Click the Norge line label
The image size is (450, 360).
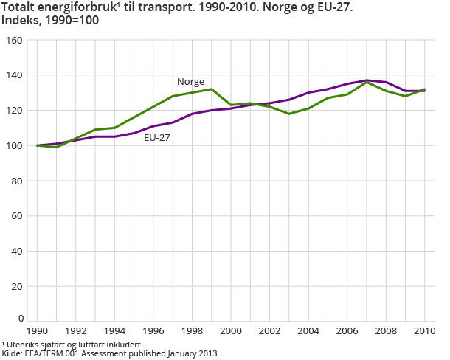(190, 82)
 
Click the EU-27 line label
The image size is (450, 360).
(156, 137)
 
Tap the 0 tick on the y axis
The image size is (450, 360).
(20, 319)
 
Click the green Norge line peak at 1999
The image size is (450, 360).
(212, 89)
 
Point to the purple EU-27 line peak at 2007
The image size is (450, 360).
(367, 80)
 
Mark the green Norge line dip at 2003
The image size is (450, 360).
(289, 114)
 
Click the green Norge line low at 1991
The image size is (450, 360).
(56, 148)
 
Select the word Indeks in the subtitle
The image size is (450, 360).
(21, 21)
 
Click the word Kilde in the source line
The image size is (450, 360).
(13, 353)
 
